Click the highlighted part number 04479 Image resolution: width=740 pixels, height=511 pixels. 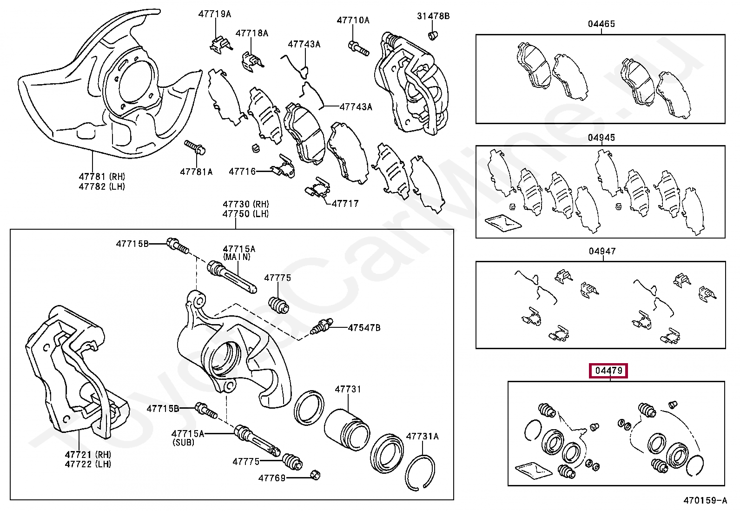pyautogui.click(x=608, y=371)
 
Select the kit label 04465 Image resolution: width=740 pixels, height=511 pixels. pyautogui.click(x=601, y=24)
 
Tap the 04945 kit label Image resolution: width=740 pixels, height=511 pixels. pyautogui.click(x=601, y=138)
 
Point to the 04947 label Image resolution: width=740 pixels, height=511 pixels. pyautogui.click(x=602, y=251)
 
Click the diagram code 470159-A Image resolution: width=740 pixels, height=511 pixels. pyautogui.click(x=705, y=500)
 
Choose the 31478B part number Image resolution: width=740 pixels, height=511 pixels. pyautogui.click(x=433, y=16)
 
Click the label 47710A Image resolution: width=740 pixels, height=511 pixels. pyautogui.click(x=353, y=20)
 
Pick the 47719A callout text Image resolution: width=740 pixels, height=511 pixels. pyautogui.click(x=214, y=14)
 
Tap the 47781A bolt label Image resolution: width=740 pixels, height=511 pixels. pyautogui.click(x=196, y=172)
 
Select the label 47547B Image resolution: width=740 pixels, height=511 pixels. pyautogui.click(x=364, y=328)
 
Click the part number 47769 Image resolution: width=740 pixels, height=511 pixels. pyautogui.click(x=272, y=478)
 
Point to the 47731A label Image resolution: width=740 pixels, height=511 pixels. pyautogui.click(x=422, y=436)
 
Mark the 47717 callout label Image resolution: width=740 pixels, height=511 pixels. pyautogui.click(x=345, y=203)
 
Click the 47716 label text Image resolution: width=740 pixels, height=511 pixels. pyautogui.click(x=242, y=172)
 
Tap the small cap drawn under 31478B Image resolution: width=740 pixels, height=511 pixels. pyautogui.click(x=433, y=35)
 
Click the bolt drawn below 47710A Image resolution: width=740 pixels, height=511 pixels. pyautogui.click(x=358, y=48)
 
